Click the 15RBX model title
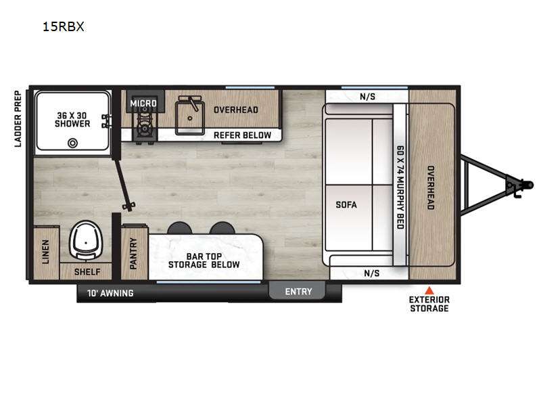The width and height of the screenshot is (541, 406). click(63, 26)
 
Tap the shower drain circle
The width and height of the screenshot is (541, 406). click(72, 143)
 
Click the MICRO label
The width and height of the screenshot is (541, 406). click(143, 103)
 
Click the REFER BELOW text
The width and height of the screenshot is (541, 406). click(242, 135)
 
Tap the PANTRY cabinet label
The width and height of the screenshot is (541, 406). click(133, 253)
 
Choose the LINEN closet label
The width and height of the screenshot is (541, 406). click(45, 252)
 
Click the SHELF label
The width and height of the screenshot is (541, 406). click(87, 272)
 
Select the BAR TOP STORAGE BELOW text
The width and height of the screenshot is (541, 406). click(204, 261)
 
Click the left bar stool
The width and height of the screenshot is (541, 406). click(179, 228)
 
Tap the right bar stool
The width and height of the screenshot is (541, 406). click(222, 228)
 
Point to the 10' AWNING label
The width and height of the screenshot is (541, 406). click(110, 293)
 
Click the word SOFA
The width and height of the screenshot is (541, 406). click(346, 204)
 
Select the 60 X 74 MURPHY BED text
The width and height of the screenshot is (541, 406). click(400, 187)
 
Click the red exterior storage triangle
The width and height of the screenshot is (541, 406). click(429, 290)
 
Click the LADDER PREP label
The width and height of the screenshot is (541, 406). click(18, 119)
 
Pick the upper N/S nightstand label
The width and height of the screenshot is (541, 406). click(367, 96)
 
